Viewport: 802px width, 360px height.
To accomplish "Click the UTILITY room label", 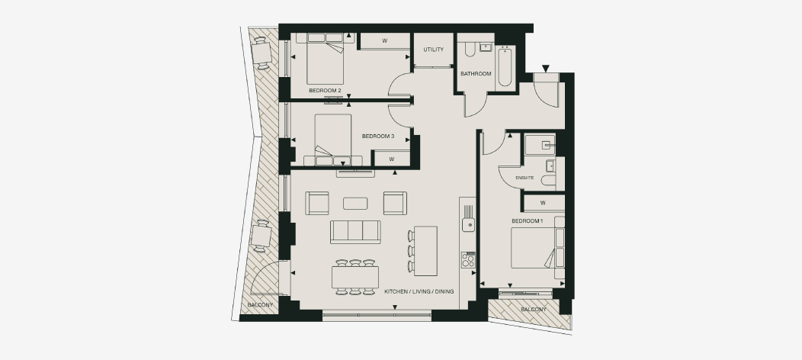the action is [433, 50].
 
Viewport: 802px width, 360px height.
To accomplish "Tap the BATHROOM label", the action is [476, 74].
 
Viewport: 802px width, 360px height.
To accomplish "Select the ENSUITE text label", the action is [525, 178].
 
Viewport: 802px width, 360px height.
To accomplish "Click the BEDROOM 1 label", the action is [528, 221].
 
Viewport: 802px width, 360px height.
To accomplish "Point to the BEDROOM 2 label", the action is [325, 91].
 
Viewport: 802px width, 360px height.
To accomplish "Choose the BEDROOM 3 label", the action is [378, 137].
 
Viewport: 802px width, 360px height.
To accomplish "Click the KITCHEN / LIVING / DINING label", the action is [419, 291].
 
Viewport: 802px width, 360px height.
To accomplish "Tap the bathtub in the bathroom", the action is [505, 66].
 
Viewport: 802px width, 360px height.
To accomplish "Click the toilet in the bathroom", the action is [470, 49].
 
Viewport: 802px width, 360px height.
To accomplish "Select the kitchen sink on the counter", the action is [468, 224].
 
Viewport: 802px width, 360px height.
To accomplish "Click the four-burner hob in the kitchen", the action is [468, 260].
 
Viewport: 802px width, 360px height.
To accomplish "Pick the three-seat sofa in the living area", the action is [355, 232].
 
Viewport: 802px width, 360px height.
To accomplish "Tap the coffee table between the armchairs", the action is [355, 204].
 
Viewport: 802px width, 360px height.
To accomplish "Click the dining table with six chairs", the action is [355, 277].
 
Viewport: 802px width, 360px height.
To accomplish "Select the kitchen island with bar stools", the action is [425, 251].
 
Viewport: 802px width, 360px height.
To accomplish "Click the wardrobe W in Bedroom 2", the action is [385, 41].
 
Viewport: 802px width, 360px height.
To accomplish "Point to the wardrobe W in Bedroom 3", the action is [392, 159].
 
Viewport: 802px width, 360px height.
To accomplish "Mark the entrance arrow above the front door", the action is [546, 68].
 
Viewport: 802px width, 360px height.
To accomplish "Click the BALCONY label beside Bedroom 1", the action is [534, 310].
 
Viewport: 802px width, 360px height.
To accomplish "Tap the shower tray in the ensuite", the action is [540, 144].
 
